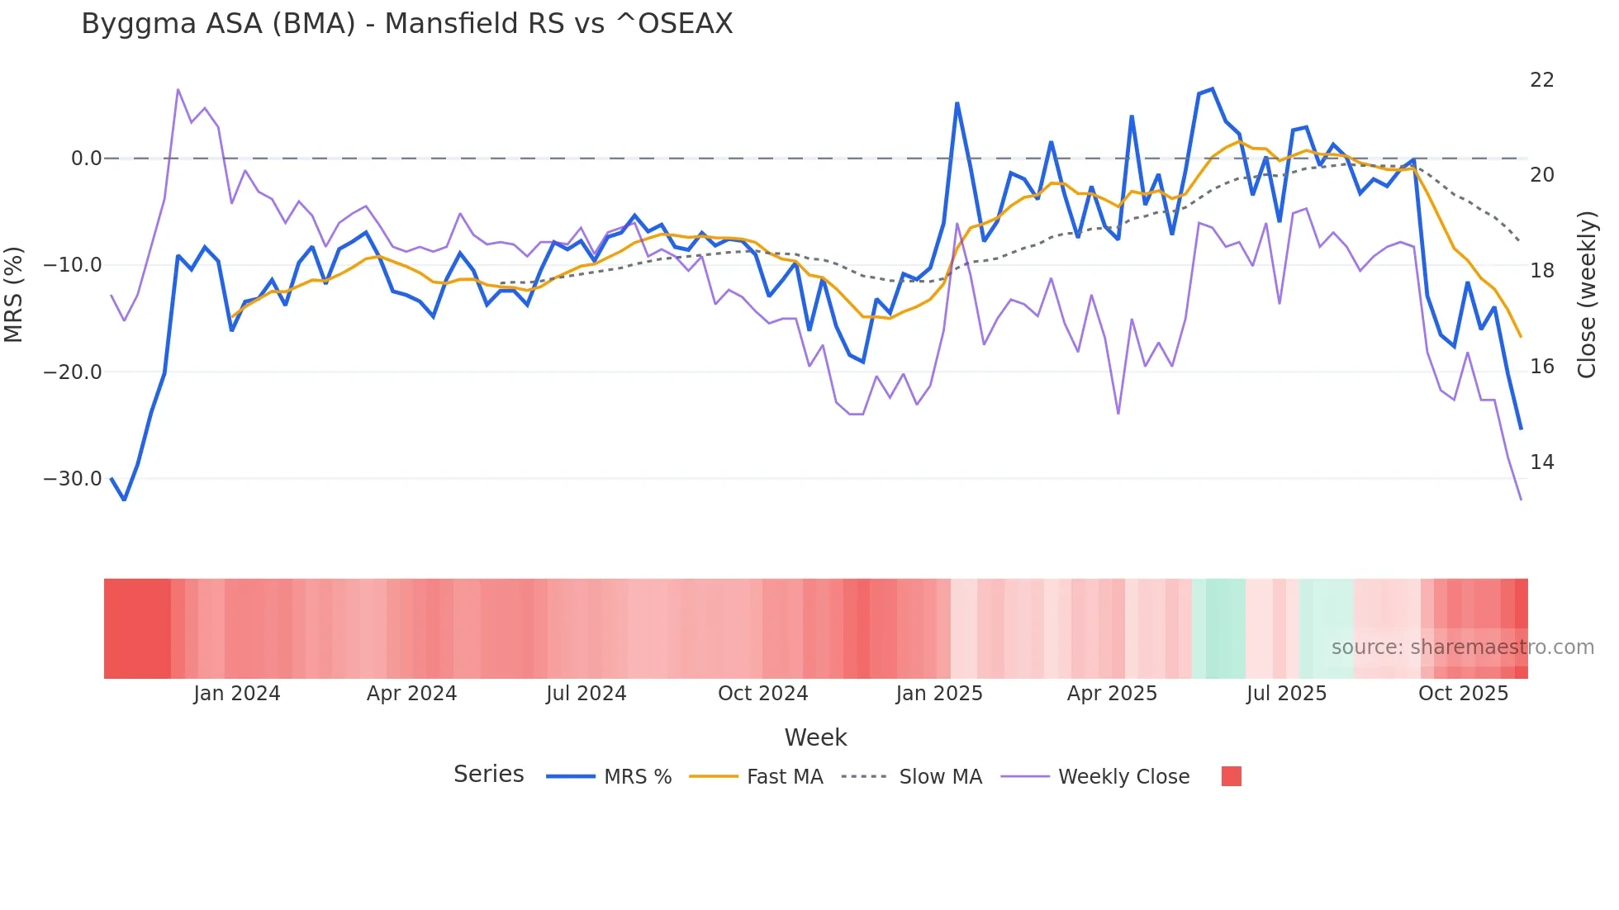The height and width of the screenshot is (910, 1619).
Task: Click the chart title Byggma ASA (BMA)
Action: pyautogui.click(x=406, y=24)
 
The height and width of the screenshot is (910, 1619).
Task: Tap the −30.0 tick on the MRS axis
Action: pyautogui.click(x=73, y=479)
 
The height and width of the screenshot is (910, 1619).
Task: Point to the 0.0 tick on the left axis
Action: pyautogui.click(x=86, y=159)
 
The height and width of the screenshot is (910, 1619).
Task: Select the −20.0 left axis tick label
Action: pyautogui.click(x=73, y=372)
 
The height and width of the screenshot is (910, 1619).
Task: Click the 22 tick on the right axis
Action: pyautogui.click(x=1541, y=80)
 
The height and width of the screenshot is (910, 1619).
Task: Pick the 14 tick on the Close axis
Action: pyautogui.click(x=1541, y=462)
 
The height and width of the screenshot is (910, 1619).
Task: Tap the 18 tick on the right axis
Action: pyautogui.click(x=1541, y=271)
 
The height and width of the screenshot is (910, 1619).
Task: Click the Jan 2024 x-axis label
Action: pyautogui.click(x=237, y=694)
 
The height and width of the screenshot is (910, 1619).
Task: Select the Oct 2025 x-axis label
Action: pyautogui.click(x=1463, y=694)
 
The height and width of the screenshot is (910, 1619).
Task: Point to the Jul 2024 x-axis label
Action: pyautogui.click(x=586, y=694)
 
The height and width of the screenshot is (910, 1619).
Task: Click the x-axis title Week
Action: pyautogui.click(x=815, y=737)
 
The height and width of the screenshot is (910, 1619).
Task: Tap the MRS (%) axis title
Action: pyautogui.click(x=14, y=295)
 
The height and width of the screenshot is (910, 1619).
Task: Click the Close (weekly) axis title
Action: pyautogui.click(x=1587, y=295)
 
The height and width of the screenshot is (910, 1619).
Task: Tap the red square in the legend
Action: pyautogui.click(x=1231, y=776)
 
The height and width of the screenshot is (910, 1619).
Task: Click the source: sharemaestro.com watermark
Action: pyautogui.click(x=1462, y=647)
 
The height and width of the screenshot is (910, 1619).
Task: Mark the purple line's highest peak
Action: pyautogui.click(x=178, y=89)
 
